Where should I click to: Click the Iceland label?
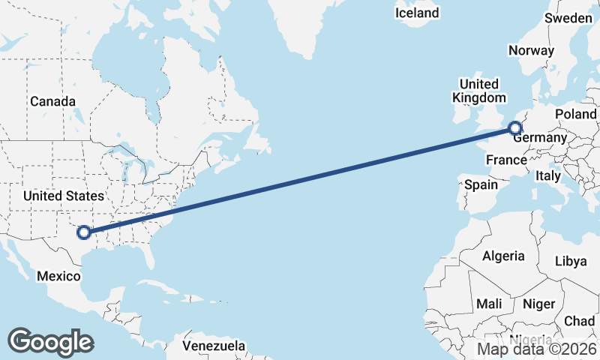click(x=417, y=13)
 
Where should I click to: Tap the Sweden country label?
click(x=568, y=17)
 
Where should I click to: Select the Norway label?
click(x=531, y=50)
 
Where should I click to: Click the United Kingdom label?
click(x=478, y=91)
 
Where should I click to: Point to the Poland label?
click(x=576, y=114)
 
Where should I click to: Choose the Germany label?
click(x=539, y=138)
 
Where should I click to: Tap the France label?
click(x=506, y=160)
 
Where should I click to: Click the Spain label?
click(x=481, y=184)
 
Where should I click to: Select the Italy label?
click(x=547, y=176)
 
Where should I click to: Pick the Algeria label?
click(x=503, y=256)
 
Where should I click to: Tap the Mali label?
click(x=489, y=304)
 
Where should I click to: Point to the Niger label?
click(x=538, y=304)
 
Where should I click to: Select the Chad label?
click(x=579, y=321)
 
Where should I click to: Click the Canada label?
click(x=52, y=101)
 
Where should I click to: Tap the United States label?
click(x=64, y=196)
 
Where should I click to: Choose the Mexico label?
click(x=58, y=276)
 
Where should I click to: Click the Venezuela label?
click(x=214, y=346)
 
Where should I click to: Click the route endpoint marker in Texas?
click(x=84, y=233)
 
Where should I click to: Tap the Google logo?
click(x=50, y=341)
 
